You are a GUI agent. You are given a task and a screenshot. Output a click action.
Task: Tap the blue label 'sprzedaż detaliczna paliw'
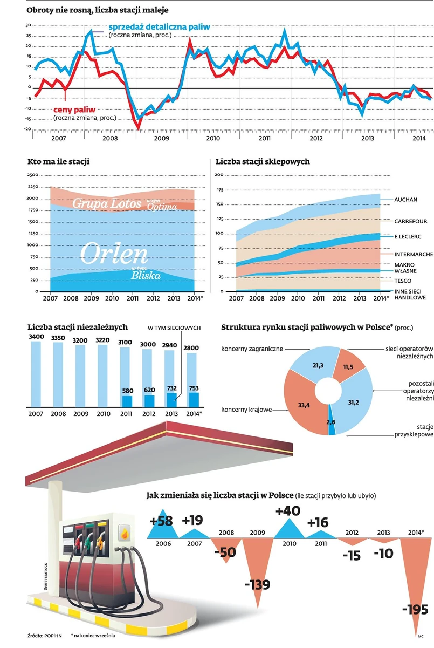tap(159, 26)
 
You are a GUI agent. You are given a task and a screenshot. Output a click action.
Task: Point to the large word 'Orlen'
tap(114, 254)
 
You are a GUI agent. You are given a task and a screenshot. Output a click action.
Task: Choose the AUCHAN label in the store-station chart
tap(405, 200)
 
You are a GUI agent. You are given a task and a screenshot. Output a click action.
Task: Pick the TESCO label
tap(403, 281)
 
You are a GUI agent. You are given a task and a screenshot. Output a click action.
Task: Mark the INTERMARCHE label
tap(412, 254)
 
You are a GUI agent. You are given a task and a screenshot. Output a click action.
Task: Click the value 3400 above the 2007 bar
tap(36, 337)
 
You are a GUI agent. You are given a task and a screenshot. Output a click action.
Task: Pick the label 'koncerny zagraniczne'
tap(252, 349)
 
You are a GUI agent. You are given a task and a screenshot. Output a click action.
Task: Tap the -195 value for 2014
tap(415, 610)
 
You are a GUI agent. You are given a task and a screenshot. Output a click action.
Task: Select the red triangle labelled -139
tap(256, 567)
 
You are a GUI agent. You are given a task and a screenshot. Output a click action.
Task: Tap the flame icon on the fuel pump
tap(125, 534)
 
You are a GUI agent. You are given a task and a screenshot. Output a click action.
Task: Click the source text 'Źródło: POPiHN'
tap(45, 635)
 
